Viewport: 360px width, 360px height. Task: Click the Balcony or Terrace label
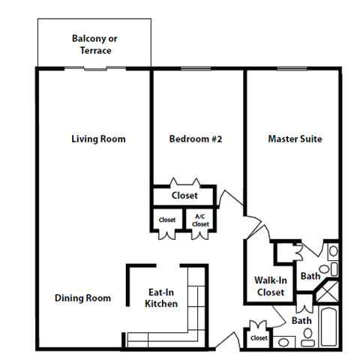(x=95, y=44)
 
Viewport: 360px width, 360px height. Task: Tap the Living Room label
(x=98, y=139)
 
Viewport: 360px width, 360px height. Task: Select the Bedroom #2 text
(x=195, y=139)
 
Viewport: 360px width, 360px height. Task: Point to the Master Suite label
(x=295, y=139)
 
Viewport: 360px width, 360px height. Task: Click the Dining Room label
(x=82, y=298)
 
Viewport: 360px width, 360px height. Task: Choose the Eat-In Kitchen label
(x=162, y=298)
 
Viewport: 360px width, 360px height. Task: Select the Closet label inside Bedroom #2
(x=184, y=195)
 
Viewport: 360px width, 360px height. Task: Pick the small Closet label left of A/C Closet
(x=166, y=220)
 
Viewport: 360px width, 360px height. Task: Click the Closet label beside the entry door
(x=259, y=338)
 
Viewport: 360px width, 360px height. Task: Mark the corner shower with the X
(x=328, y=292)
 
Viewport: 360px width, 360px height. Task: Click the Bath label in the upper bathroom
(x=310, y=277)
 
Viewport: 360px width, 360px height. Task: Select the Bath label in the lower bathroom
(x=301, y=321)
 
